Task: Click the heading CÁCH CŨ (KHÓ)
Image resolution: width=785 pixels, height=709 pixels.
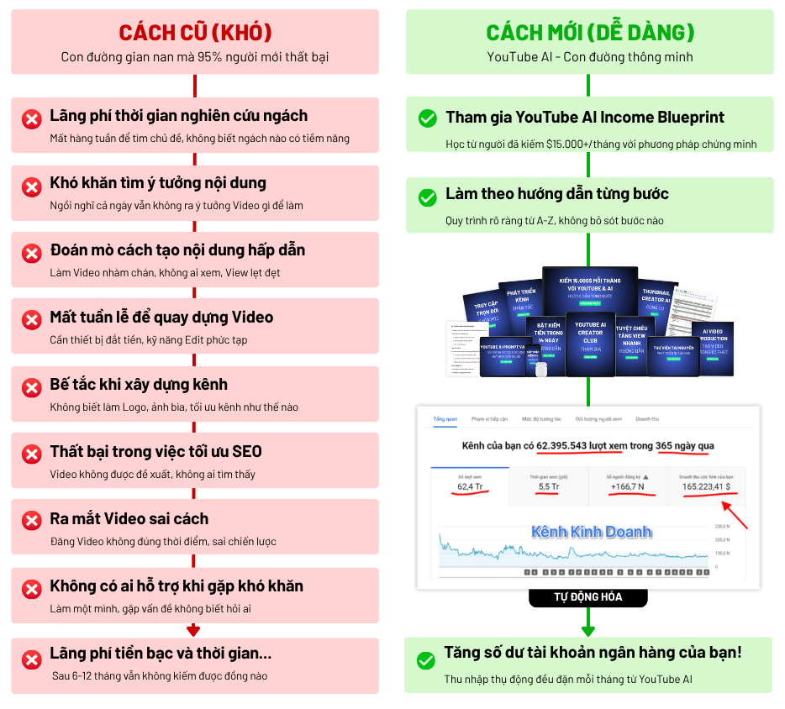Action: (x=195, y=33)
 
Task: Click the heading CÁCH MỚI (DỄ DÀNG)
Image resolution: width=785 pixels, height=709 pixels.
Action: (x=590, y=33)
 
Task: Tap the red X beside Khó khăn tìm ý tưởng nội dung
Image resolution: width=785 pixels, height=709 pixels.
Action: (x=32, y=186)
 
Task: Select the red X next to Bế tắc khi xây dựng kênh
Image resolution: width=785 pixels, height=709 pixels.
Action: (x=32, y=388)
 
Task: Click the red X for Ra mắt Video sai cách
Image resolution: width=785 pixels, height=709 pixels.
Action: (x=32, y=523)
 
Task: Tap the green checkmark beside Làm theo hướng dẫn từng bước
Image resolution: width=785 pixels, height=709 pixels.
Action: (x=428, y=197)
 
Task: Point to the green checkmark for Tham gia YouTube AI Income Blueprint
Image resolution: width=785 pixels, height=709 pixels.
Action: (x=428, y=119)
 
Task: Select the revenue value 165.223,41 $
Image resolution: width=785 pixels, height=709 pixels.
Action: (x=707, y=486)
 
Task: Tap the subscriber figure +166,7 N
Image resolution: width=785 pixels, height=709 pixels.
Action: (x=625, y=486)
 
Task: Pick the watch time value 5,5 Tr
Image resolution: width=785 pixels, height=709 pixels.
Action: (x=549, y=486)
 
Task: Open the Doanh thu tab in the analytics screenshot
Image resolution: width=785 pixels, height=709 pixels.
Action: (x=647, y=418)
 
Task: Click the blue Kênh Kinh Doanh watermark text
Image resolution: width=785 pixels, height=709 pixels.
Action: (x=591, y=532)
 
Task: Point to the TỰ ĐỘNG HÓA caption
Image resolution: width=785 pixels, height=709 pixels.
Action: (x=587, y=597)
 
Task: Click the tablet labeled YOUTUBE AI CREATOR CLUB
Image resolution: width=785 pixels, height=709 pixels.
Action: (x=590, y=340)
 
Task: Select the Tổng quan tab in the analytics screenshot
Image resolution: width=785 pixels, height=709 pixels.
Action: (x=445, y=418)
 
